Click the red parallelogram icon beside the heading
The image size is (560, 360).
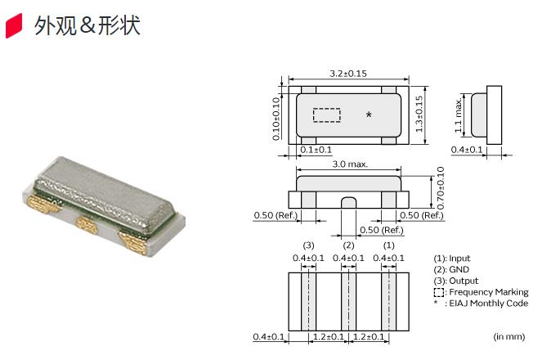pyautogui.click(x=14, y=25)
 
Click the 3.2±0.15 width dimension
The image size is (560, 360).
pyautogui.click(x=348, y=74)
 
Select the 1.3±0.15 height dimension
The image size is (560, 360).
pyautogui.click(x=419, y=114)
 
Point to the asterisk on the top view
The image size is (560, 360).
pyautogui.click(x=369, y=115)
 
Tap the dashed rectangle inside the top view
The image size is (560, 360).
pyautogui.click(x=327, y=115)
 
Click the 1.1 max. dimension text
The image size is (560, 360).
pyautogui.click(x=458, y=115)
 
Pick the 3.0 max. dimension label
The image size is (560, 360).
pyautogui.click(x=350, y=164)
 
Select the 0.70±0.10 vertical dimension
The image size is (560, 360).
pyautogui.click(x=441, y=187)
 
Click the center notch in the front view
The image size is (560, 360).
pyautogui.click(x=348, y=202)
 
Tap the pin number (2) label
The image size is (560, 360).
pyautogui.click(x=348, y=245)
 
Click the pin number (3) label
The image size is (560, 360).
pyautogui.click(x=308, y=245)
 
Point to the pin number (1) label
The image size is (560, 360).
pyautogui.click(x=388, y=245)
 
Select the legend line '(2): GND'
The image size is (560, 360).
pyautogui.click(x=451, y=269)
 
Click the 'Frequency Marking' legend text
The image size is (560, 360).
pyautogui.click(x=489, y=292)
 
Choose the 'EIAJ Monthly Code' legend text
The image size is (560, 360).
pyautogui.click(x=489, y=304)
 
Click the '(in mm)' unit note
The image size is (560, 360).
pyautogui.click(x=509, y=336)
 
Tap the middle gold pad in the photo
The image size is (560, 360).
pyautogui.click(x=87, y=224)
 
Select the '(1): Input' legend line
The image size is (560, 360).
pyautogui.click(x=452, y=259)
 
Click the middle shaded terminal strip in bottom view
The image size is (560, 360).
pyautogui.click(x=348, y=302)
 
